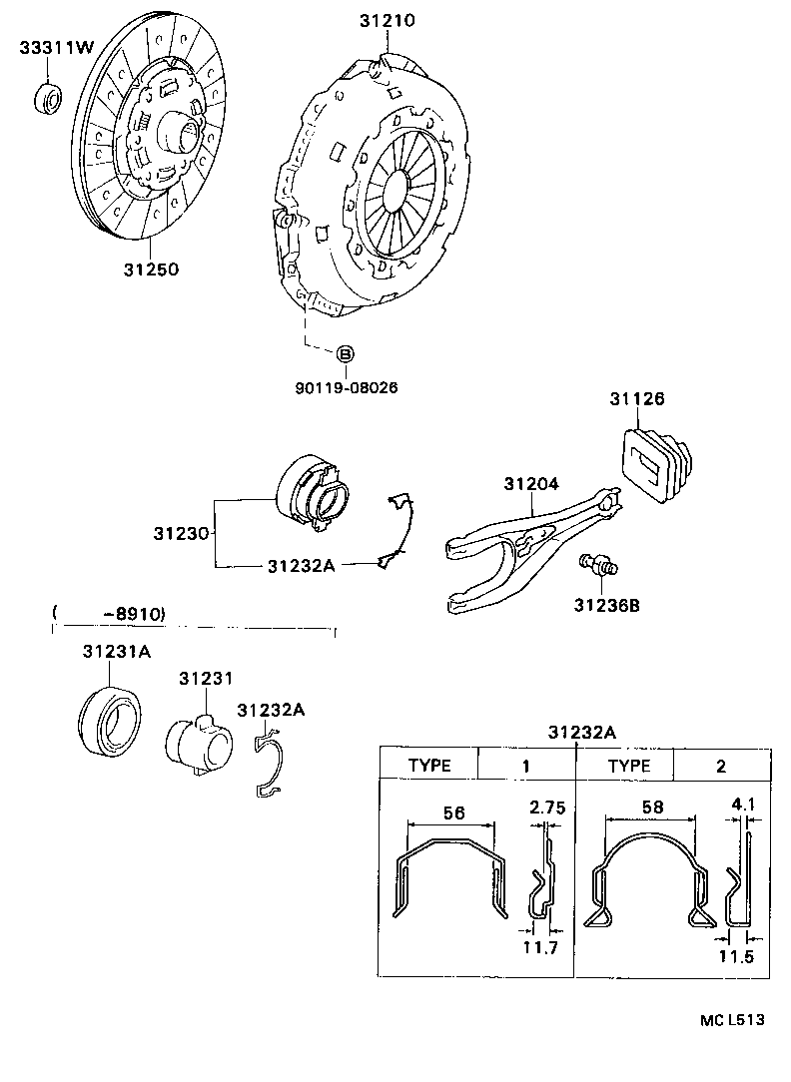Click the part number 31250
click(151, 270)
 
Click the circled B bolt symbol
click(344, 353)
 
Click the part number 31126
click(637, 399)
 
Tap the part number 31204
click(530, 483)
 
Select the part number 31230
click(181, 534)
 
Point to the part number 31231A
click(116, 652)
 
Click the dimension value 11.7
click(539, 946)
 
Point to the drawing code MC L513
click(731, 1020)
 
